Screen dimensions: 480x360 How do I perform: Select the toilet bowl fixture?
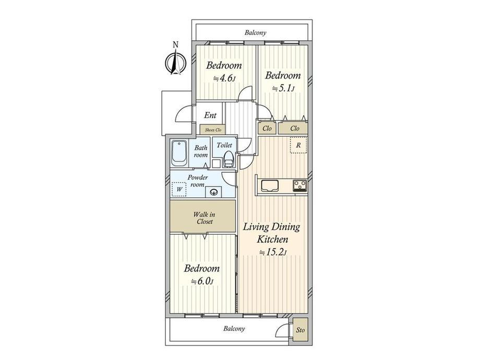point(229,159)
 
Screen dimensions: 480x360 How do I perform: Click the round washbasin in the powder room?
point(213,192)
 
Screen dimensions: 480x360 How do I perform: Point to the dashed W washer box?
point(179,189)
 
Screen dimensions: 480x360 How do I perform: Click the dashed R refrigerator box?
point(298,146)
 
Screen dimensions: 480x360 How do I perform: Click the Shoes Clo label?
point(213,130)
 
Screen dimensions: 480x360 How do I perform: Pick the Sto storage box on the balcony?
point(301,330)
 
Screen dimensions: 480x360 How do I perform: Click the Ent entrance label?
point(210,115)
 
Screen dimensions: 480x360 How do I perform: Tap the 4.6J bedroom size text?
point(224,78)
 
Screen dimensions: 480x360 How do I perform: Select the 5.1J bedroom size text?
point(283,89)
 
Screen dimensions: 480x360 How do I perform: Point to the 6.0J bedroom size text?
point(202,281)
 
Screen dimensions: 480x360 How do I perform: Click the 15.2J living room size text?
point(273,253)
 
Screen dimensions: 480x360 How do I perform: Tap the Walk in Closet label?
point(204,218)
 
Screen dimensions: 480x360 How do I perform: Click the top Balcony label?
point(255,32)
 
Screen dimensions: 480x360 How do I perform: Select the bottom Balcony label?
point(234,329)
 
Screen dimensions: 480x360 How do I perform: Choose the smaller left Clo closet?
point(267,128)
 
